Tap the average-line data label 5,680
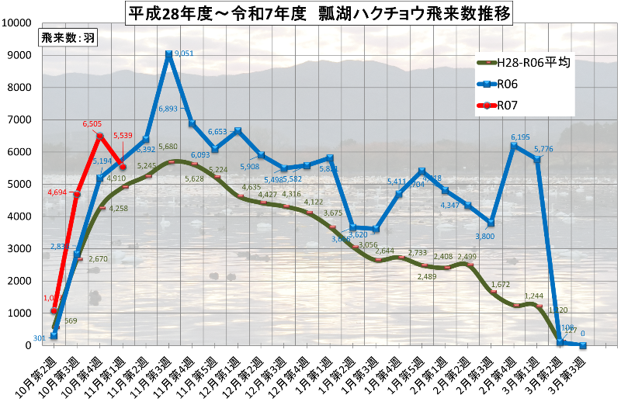point(169,146)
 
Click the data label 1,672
point(500,285)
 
